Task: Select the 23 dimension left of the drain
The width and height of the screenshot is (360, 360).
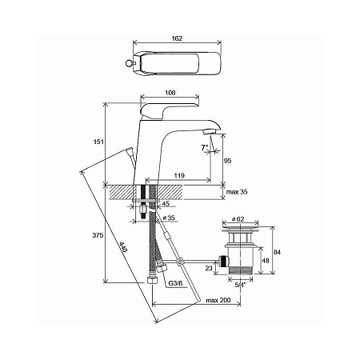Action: click(x=210, y=270)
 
